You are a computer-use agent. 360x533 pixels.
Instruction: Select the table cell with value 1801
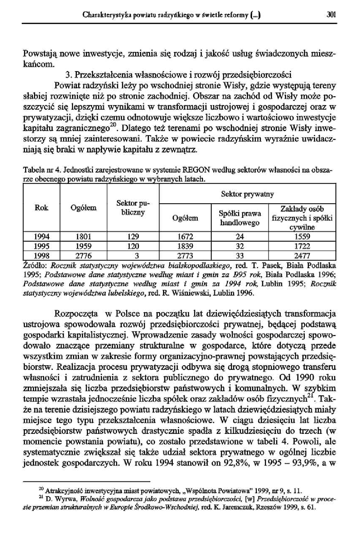83,237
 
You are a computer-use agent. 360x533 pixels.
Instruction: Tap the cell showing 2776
83,255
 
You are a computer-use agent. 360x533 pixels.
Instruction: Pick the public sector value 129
133,237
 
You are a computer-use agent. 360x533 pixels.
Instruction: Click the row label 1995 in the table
42,246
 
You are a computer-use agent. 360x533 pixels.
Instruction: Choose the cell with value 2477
302,255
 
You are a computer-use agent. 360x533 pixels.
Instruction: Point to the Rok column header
42,208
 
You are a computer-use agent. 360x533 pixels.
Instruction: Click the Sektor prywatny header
247,194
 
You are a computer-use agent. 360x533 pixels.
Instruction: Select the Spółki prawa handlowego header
240,218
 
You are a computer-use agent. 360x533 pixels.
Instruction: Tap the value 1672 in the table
185,237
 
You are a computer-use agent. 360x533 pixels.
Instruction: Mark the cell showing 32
240,246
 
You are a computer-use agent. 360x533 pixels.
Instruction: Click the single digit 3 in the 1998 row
133,255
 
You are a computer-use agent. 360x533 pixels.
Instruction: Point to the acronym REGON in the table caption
196,171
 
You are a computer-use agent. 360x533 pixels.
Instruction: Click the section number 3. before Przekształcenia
68,75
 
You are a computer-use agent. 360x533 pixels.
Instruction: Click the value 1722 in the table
302,246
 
